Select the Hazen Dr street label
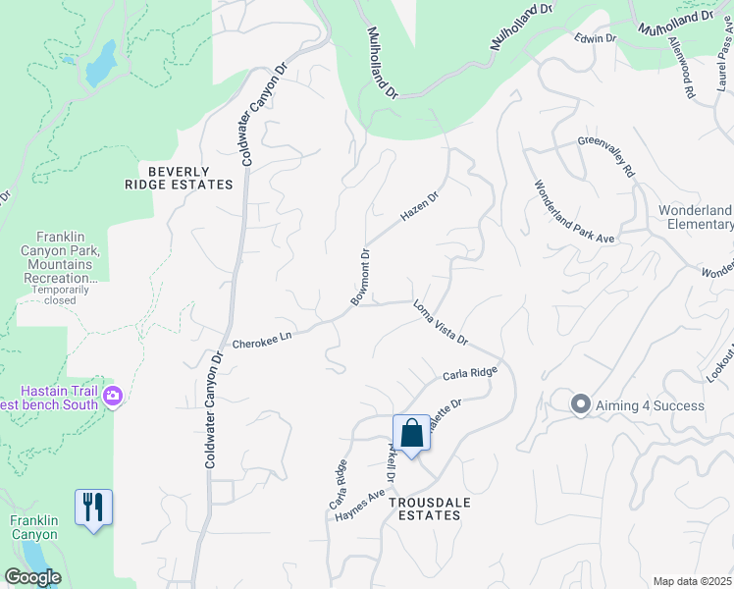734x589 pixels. point(419,206)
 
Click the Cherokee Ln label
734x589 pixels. point(263,340)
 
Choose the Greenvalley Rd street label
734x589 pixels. point(605,156)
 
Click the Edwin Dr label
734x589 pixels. point(596,38)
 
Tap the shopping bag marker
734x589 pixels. point(412,434)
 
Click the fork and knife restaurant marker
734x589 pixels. point(93,508)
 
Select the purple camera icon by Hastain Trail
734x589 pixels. point(114,396)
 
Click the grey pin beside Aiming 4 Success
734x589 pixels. point(580,403)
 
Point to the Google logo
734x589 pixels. point(32,577)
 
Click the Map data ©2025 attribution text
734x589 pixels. point(692,581)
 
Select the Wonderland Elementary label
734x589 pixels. point(695,217)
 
